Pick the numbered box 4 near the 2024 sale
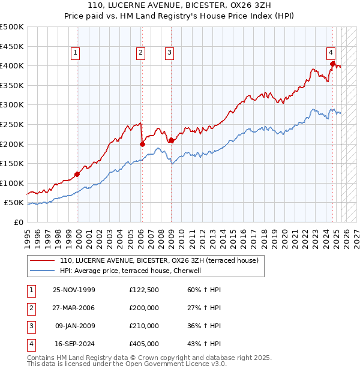[331, 52]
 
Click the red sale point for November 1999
[77, 175]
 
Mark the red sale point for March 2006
[142, 144]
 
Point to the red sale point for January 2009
[171, 140]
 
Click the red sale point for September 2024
[332, 64]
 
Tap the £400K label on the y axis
[11, 65]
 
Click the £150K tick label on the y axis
[11, 163]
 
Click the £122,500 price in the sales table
[143, 290]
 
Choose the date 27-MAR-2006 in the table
[74, 308]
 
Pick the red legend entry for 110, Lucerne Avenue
[159, 261]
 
